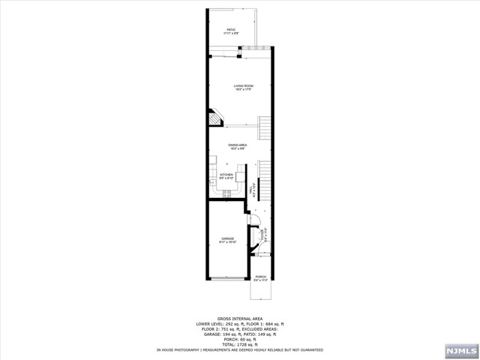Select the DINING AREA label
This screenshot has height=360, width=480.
[x=238, y=147]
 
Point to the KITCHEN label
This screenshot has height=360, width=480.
[x=226, y=176]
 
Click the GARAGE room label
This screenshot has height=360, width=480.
[x=227, y=240]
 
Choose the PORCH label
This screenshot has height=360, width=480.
[x=260, y=279]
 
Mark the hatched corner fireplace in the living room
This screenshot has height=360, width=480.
[x=214, y=118]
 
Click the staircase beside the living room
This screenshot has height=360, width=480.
[x=265, y=129]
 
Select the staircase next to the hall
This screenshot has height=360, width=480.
[x=265, y=180]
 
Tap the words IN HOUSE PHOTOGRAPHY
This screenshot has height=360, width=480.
[x=178, y=350]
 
